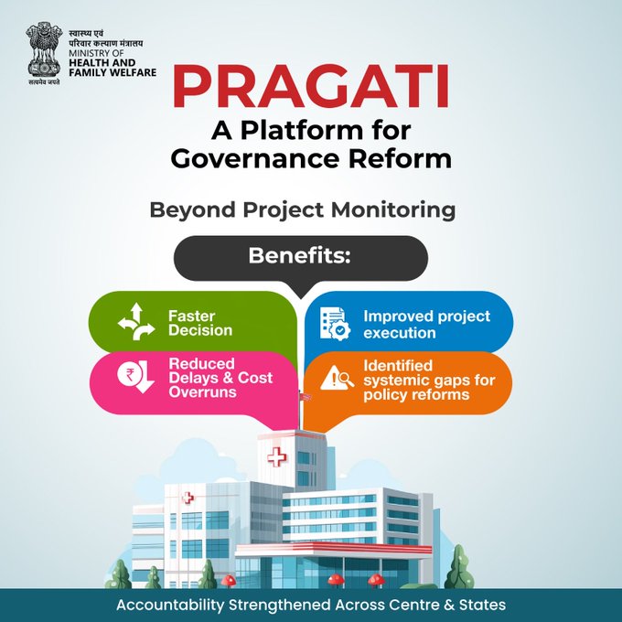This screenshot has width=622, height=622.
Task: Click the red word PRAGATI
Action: (311, 86)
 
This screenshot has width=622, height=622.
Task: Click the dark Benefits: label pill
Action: (300, 256)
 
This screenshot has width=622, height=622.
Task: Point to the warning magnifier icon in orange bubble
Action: (335, 378)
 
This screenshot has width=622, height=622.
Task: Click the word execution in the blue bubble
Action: (399, 332)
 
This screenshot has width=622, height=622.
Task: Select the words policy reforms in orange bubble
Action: (415, 394)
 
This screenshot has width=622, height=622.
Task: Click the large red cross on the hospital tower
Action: (275, 456)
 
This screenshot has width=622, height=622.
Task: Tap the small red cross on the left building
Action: (188, 499)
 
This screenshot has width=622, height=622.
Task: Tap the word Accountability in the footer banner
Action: (172, 605)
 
